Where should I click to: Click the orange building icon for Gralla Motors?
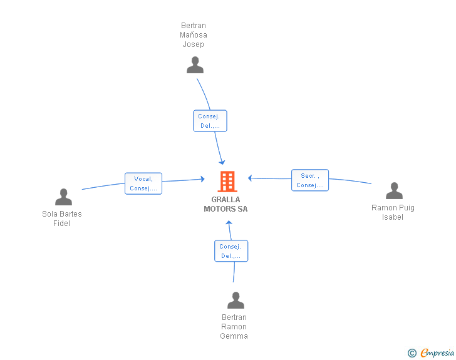(227, 182)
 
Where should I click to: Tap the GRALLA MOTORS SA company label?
(225, 204)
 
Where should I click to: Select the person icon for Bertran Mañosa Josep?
(195, 65)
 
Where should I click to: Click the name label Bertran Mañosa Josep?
(194, 35)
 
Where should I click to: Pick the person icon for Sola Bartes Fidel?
(63, 197)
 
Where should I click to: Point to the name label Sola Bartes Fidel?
(61, 219)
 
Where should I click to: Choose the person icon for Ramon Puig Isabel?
(394, 191)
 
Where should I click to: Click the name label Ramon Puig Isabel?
(393, 212)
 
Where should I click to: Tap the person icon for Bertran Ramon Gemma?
(236, 300)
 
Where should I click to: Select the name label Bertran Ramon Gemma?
(234, 327)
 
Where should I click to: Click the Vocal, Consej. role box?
(143, 183)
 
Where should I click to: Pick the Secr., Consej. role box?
(310, 180)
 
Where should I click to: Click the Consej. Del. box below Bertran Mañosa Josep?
(210, 121)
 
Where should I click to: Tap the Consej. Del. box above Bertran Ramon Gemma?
(231, 251)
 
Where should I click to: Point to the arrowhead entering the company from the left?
(202, 179)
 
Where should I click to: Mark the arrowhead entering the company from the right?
(250, 178)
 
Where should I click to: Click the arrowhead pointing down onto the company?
(222, 162)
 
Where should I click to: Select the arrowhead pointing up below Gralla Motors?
(229, 223)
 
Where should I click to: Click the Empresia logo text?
(437, 352)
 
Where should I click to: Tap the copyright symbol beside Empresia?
(412, 353)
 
